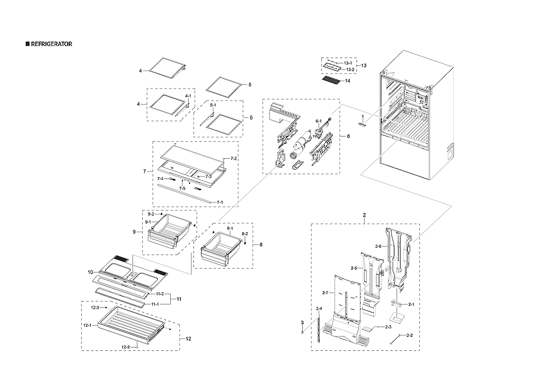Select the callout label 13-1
click(349, 63)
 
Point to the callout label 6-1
click(318, 121)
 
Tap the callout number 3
click(302, 322)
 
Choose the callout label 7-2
click(233, 159)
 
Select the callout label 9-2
click(151, 214)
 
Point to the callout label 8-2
click(245, 234)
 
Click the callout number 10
click(90, 272)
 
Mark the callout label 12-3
click(95, 307)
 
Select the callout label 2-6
click(378, 246)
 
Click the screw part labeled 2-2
click(395, 339)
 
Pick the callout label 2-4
click(319, 309)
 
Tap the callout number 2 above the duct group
click(364, 214)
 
